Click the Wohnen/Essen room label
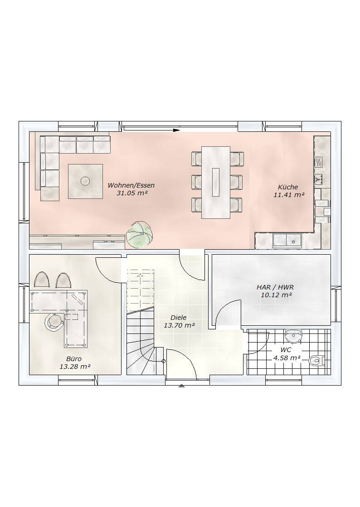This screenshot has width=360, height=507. point(131,186)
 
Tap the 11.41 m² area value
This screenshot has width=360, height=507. point(289,195)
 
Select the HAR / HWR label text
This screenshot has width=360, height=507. point(275,287)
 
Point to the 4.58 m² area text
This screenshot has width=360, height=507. point(287,358)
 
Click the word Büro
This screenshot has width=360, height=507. point(74,358)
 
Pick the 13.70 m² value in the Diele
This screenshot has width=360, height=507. point(179,326)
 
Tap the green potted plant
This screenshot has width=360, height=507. point(139,234)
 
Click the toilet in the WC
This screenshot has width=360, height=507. point(317,360)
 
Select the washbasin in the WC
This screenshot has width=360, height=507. point(294,335)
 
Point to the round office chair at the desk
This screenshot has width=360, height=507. point(54,323)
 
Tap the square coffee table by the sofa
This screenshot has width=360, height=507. point(85,181)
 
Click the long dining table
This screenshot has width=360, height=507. point(216,182)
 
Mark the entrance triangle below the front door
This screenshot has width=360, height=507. point(182,386)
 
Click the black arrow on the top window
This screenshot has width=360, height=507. point(176,130)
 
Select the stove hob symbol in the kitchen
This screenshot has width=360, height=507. point(319,161)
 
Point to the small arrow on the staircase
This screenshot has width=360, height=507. point(140,275)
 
